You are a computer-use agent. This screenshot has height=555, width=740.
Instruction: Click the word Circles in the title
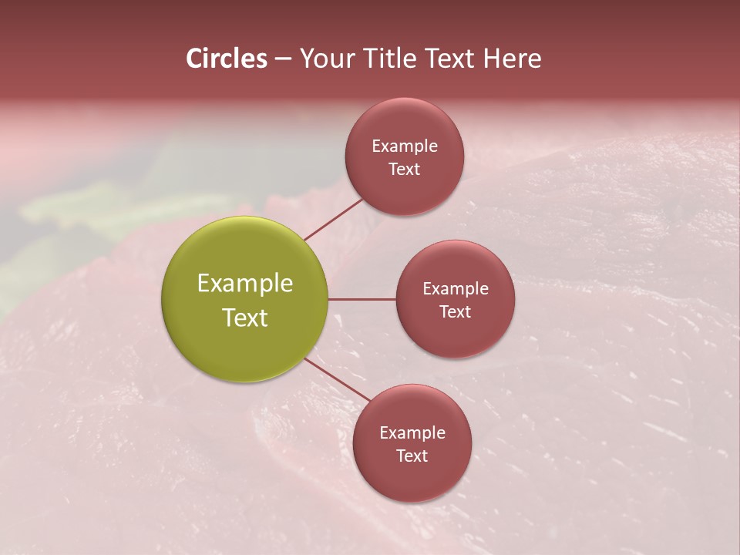(x=227, y=59)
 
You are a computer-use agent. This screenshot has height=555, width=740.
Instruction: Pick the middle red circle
(x=455, y=331)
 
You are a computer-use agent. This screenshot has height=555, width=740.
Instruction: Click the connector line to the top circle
(x=334, y=219)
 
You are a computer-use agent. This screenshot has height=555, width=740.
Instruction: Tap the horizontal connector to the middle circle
(x=362, y=299)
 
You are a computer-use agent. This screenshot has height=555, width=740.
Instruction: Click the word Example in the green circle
(x=245, y=284)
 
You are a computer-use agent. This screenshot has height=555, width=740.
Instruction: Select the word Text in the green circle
(x=245, y=317)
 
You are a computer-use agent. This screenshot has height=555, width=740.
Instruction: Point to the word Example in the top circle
(x=405, y=146)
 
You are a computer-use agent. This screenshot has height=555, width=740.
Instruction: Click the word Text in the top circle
(x=405, y=170)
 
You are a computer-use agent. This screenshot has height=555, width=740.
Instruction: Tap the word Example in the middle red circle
(x=456, y=289)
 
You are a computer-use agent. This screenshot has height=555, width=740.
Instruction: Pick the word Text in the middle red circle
(x=456, y=312)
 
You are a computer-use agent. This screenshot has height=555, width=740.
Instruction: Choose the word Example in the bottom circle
(x=412, y=433)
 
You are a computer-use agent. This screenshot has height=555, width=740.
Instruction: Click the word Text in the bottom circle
(x=412, y=456)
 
